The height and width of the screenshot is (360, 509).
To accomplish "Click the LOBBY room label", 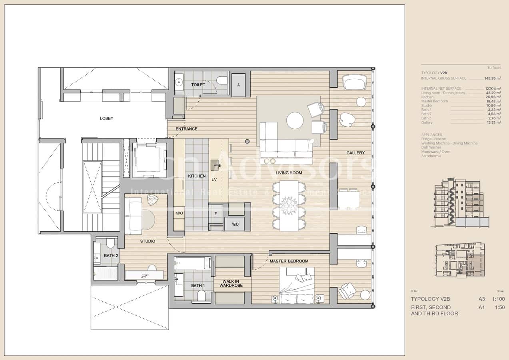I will (106, 118).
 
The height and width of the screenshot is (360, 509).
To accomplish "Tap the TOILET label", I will (198, 85).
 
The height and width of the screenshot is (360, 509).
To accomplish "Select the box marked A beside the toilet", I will (239, 85).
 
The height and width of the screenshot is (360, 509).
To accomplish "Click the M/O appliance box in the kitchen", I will (179, 213).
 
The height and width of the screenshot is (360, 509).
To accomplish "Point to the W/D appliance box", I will (235, 224).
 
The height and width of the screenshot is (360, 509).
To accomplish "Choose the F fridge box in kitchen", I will (216, 214).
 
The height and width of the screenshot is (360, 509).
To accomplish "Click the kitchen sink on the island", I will (215, 164).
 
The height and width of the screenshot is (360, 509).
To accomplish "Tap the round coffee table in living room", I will (295, 120).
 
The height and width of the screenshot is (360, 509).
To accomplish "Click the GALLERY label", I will (355, 153).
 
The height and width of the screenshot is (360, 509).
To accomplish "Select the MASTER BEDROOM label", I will (289, 261).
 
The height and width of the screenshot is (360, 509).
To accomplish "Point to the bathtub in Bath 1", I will (190, 263).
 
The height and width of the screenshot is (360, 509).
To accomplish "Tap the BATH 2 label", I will (111, 256).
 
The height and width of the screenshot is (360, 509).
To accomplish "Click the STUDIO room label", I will (148, 241).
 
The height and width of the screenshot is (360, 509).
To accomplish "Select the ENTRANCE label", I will (186, 129).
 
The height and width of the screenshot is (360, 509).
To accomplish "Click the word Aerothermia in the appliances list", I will (431, 156).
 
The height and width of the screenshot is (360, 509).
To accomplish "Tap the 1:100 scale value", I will (498, 299).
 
